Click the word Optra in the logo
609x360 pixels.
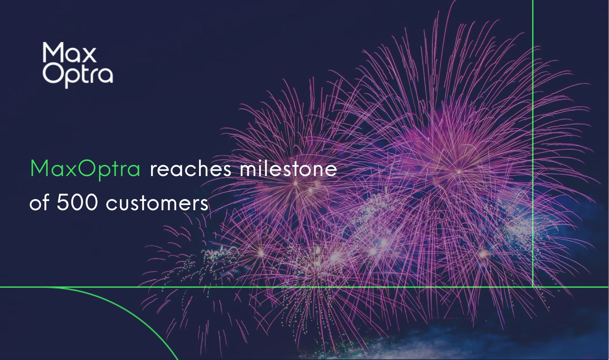pyautogui.click(x=78, y=75)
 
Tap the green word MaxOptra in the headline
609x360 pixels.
pyautogui.click(x=85, y=169)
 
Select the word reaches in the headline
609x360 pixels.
pyautogui.click(x=191, y=169)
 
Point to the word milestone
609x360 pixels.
pyautogui.click(x=288, y=169)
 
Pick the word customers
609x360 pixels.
pyautogui.click(x=157, y=203)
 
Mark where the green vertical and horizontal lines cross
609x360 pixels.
pyautogui.click(x=532, y=287)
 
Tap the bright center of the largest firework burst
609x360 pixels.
pyautogui.click(x=459, y=171)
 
